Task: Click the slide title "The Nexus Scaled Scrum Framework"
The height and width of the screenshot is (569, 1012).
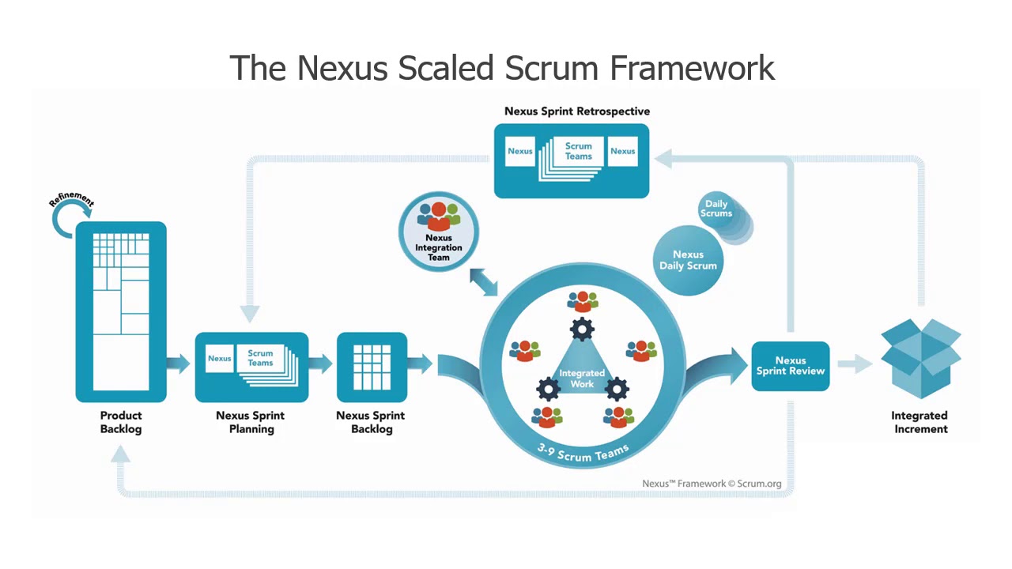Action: coord(502,68)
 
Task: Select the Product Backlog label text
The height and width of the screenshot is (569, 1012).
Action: coord(121,422)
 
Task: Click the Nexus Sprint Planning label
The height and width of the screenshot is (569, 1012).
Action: coord(251,422)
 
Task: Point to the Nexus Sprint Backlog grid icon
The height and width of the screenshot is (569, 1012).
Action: coord(372,367)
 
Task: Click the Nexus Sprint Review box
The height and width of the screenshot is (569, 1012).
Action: coord(790,366)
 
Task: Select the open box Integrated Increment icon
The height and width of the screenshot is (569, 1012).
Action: coord(920,356)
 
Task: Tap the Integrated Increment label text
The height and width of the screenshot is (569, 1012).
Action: coord(919,422)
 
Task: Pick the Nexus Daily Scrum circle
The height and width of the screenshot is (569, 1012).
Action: coord(688,260)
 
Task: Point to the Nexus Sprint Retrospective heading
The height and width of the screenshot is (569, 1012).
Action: coord(577,111)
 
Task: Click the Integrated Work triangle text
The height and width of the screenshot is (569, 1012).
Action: coord(582,378)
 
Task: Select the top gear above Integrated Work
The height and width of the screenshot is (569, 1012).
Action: coord(583,328)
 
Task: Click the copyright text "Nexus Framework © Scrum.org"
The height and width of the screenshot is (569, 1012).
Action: coord(711,484)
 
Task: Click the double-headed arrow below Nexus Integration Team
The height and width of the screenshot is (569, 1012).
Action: coord(483,282)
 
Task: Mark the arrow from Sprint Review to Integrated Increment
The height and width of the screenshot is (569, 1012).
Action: coord(855,364)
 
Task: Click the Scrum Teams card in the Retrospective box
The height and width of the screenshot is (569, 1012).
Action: coord(579,151)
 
